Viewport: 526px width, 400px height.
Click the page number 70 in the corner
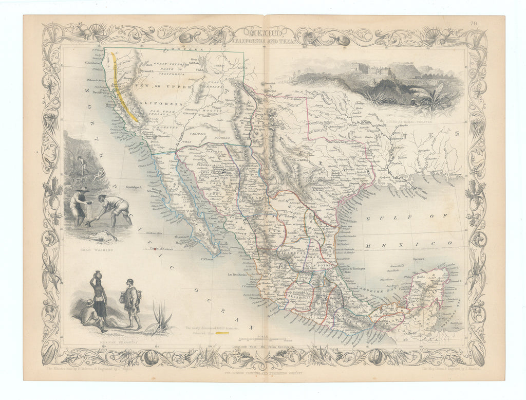486,23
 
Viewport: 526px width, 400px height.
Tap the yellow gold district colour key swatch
222,333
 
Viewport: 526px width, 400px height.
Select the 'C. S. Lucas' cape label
208,259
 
